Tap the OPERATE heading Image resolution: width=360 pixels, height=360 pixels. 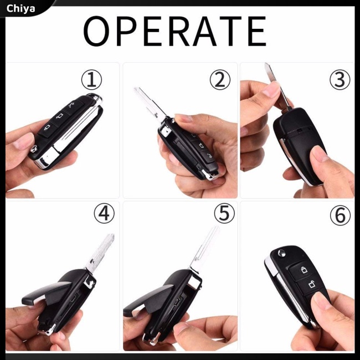(x=175, y=31)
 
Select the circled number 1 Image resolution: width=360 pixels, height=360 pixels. (x=92, y=80)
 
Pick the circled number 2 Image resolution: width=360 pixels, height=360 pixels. (x=220, y=80)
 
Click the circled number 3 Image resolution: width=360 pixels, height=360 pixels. (x=340, y=80)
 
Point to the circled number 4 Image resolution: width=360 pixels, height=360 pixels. (x=104, y=213)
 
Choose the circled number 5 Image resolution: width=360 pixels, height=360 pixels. (x=224, y=213)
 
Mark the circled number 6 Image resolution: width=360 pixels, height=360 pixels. (x=340, y=216)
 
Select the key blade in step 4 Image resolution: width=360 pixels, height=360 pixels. (x=101, y=252)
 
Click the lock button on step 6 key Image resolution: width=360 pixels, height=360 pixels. (x=304, y=270)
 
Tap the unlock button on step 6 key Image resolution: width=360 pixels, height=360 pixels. (x=313, y=286)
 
